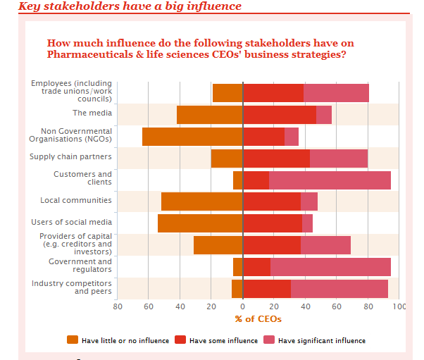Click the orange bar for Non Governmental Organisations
click(x=192, y=137)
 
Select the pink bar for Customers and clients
click(x=330, y=180)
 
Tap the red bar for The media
click(x=279, y=115)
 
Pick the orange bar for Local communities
click(x=201, y=202)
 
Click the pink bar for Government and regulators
click(x=330, y=267)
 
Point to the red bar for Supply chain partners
click(x=276, y=159)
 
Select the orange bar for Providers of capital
click(x=218, y=245)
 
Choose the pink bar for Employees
click(x=336, y=93)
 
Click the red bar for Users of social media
click(x=272, y=223)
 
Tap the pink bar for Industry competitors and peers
click(x=339, y=289)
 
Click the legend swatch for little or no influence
click(x=73, y=340)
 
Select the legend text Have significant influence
click(x=322, y=341)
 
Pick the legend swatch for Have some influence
click(x=180, y=340)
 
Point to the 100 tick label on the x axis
click(x=399, y=306)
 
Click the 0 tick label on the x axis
click(x=242, y=306)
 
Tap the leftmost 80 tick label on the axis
click(x=118, y=306)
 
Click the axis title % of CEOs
click(x=258, y=319)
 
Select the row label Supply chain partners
click(x=70, y=156)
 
